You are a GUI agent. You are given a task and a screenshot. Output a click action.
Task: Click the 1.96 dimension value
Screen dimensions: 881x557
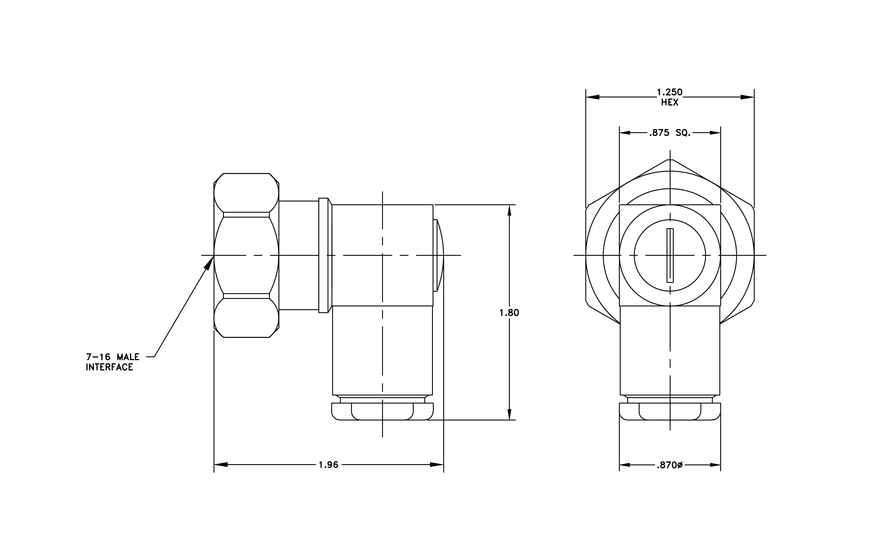329,465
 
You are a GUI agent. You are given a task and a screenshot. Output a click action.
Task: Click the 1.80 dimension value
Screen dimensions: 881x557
509,313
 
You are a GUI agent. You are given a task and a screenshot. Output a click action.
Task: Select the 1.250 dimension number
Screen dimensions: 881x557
669,92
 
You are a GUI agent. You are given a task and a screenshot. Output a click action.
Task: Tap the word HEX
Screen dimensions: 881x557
669,103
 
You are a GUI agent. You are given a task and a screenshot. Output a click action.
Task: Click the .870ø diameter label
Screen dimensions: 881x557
669,465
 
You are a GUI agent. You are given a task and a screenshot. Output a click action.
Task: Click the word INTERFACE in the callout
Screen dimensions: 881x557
109,367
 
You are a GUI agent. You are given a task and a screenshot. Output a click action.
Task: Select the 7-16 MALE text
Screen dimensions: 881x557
113,357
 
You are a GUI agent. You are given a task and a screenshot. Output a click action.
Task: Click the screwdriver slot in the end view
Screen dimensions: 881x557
670,255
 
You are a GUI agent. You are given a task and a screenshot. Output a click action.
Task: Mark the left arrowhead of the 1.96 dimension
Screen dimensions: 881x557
221,465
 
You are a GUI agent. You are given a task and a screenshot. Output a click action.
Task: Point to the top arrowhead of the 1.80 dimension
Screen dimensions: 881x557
509,211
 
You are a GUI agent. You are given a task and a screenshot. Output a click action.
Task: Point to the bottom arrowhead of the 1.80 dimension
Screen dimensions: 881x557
509,414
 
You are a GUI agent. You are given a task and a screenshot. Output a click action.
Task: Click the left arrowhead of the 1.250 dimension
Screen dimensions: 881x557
593,97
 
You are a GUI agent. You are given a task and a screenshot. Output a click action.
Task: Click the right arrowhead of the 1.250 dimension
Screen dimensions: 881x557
748,97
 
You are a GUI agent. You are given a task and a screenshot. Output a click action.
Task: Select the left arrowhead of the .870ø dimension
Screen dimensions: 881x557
625,465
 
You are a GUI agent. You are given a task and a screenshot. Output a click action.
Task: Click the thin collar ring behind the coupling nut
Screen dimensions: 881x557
324,255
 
